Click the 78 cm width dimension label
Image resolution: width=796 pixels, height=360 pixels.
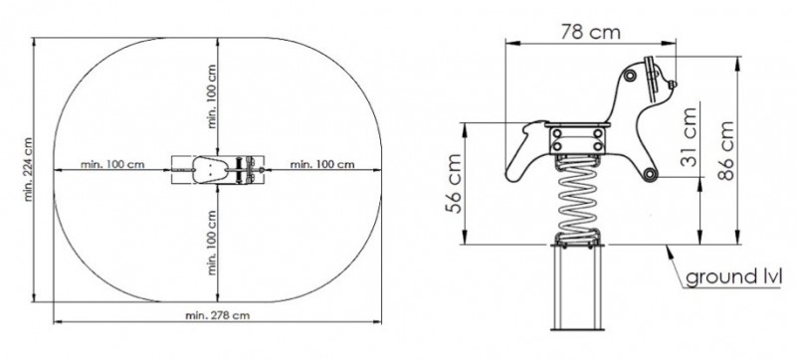click(x=590, y=33)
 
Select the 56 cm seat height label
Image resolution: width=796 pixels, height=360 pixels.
click(x=455, y=183)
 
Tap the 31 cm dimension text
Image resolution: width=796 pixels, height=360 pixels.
click(x=688, y=137)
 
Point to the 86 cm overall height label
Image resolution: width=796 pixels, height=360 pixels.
click(x=726, y=150)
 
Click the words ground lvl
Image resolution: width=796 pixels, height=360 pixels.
click(x=733, y=277)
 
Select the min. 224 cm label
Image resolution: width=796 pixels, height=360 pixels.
click(x=28, y=169)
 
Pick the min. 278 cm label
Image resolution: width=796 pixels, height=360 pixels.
click(x=217, y=315)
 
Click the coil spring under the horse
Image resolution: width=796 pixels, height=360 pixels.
click(x=578, y=200)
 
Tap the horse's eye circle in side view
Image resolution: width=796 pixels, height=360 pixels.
click(x=630, y=76)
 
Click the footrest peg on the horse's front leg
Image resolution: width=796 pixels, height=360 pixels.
click(x=650, y=174)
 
